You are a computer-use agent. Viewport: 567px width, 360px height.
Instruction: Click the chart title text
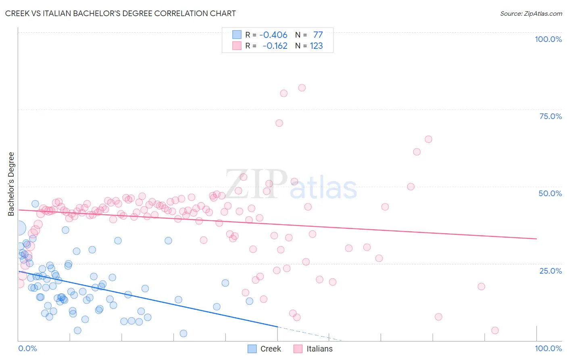click(x=120, y=13)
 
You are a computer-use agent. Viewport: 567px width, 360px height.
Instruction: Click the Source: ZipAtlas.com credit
click(x=531, y=13)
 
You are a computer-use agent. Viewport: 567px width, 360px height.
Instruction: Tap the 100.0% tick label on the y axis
click(x=548, y=39)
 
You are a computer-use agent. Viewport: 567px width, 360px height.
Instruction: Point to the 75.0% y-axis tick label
click(x=550, y=116)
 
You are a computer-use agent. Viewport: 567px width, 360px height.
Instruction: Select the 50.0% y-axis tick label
click(x=550, y=193)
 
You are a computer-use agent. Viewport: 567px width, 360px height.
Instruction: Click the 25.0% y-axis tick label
click(x=550, y=270)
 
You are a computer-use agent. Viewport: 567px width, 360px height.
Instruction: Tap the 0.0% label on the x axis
click(x=27, y=348)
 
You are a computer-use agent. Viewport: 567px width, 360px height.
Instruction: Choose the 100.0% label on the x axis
click(x=548, y=348)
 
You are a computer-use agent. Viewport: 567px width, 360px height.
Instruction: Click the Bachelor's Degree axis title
click(x=11, y=184)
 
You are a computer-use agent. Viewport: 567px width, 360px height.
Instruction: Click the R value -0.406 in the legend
click(x=273, y=35)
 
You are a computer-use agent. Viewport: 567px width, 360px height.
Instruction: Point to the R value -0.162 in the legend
click(x=275, y=46)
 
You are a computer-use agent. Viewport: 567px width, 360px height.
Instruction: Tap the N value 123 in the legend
click(x=316, y=46)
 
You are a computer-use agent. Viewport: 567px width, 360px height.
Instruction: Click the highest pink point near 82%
click(x=302, y=88)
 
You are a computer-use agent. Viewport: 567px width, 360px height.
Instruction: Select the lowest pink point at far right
click(x=495, y=331)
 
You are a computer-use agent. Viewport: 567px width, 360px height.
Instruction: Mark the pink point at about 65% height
click(x=428, y=139)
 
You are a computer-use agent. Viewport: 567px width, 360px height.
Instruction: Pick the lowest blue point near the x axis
click(x=183, y=333)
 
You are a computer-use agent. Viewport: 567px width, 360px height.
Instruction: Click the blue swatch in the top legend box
click(x=237, y=35)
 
